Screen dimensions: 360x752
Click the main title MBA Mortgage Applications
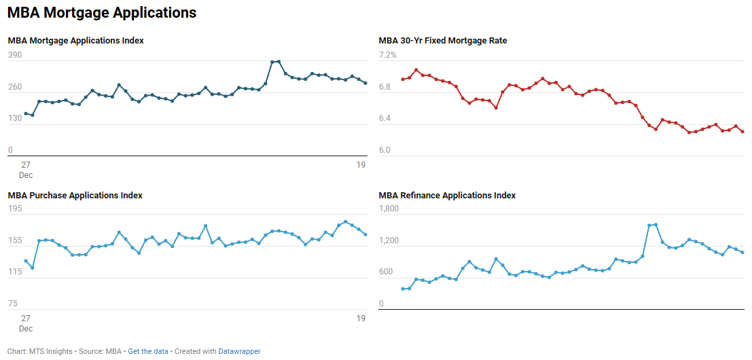point(102,13)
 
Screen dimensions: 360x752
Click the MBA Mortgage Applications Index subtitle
point(75,41)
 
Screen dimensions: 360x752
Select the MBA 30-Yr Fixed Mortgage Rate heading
point(442,41)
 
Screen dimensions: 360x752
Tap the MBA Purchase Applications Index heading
point(75,196)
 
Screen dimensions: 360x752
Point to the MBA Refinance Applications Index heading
point(447,196)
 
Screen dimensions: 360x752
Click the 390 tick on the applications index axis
point(15,55)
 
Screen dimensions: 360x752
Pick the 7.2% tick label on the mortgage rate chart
point(387,55)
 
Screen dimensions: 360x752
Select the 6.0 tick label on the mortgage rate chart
point(385,150)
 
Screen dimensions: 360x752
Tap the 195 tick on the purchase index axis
point(15,209)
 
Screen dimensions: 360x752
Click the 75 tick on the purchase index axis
point(13,304)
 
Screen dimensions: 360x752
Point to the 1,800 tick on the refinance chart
point(389,209)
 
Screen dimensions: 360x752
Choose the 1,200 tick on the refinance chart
point(389,241)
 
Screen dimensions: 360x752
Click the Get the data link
point(149,351)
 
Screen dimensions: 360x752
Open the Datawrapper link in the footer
point(239,351)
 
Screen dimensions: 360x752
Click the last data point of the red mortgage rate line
point(742,132)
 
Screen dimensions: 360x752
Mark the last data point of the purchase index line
point(365,235)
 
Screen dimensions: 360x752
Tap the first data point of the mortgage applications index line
point(26,113)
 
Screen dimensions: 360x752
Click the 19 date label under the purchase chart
point(361,319)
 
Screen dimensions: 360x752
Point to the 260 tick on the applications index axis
point(15,87)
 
